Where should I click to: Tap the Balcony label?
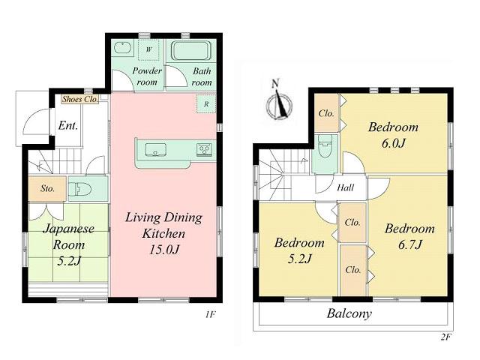(x=349, y=314)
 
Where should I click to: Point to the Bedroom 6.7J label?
(x=409, y=236)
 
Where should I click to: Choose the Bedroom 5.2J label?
(x=298, y=250)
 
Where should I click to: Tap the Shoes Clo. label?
(x=79, y=98)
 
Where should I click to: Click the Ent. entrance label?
(x=67, y=125)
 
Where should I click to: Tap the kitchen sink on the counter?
(x=156, y=148)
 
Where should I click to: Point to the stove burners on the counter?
(x=204, y=149)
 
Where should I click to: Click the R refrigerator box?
(x=206, y=104)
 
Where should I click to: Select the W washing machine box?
(x=148, y=49)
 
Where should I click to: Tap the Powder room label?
(x=148, y=76)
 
